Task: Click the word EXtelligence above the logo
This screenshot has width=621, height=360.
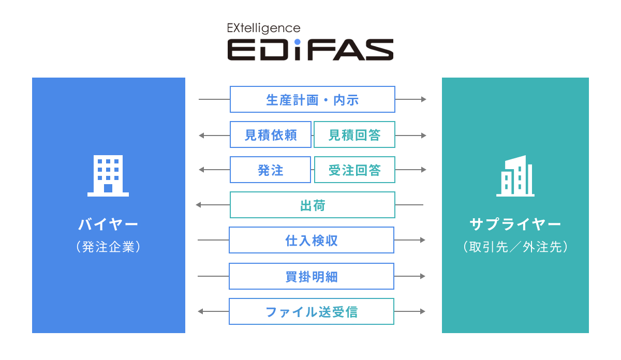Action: pos(263,28)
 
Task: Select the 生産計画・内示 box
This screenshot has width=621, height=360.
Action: pos(313,99)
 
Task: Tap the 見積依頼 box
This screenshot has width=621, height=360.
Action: pos(271,134)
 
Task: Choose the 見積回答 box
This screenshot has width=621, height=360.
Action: pos(354,134)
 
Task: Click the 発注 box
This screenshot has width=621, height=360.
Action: pos(271,170)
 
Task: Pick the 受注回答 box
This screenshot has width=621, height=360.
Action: pos(354,170)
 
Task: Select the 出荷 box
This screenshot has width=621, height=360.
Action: pos(313,205)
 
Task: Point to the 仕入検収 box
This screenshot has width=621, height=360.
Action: pos(312,240)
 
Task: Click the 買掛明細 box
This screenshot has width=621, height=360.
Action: pos(312,276)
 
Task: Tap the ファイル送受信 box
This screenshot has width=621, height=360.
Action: pos(312,311)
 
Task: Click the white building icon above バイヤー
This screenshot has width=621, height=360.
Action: pos(108,176)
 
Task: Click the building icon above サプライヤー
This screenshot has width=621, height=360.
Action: pos(515,176)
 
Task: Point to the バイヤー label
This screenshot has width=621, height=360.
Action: pos(108,224)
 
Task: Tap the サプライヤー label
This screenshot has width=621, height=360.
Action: pos(515,224)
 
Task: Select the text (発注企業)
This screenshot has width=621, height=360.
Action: pos(108,247)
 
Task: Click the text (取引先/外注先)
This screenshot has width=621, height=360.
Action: pos(515,247)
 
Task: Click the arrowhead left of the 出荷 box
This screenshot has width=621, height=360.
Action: pos(199,205)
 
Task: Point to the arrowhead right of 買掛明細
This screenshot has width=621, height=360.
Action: pos(423,276)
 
